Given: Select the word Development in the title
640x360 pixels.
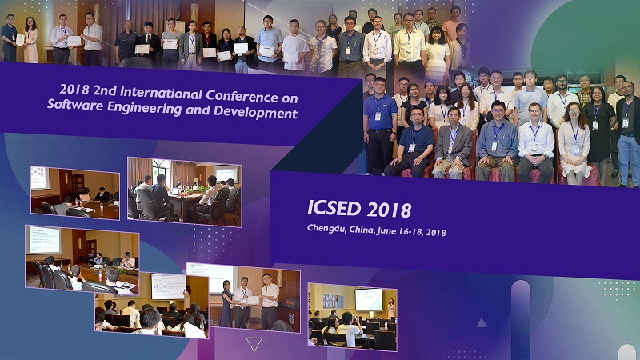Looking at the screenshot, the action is click(255, 111).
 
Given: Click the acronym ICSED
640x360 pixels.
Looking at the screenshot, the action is click(334, 208).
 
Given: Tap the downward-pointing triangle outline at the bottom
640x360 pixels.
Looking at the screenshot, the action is click(254, 344).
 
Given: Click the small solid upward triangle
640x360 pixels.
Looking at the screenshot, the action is click(482, 323).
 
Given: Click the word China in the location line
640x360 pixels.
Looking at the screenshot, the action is click(361, 230).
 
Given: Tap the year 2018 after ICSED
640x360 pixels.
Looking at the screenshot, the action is click(389, 210).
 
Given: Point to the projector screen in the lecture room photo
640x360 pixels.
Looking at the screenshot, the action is click(369, 299).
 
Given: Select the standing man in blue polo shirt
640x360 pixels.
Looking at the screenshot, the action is click(379, 126).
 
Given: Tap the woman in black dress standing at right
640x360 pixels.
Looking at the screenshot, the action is click(598, 126).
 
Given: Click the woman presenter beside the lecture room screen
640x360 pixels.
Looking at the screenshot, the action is click(391, 307).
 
